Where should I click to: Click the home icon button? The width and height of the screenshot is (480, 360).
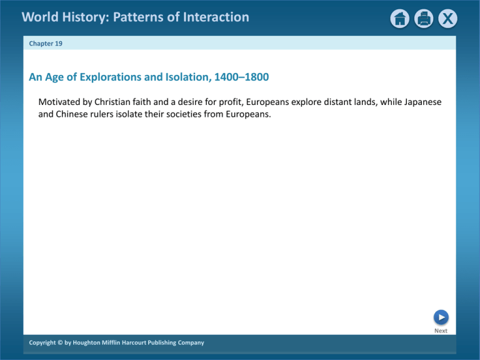pos(400,19)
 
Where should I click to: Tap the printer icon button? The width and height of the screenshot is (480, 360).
pos(424,19)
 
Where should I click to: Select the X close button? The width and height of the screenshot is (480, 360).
pos(447,19)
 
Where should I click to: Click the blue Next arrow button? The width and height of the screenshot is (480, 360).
pos(441,317)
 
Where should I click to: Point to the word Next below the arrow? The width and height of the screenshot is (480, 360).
pos(441,331)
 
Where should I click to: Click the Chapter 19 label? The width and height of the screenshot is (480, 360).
pos(46,44)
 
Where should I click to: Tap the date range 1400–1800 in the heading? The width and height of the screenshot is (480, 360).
pos(241,77)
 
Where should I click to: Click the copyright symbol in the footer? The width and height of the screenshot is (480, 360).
pos(60,342)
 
